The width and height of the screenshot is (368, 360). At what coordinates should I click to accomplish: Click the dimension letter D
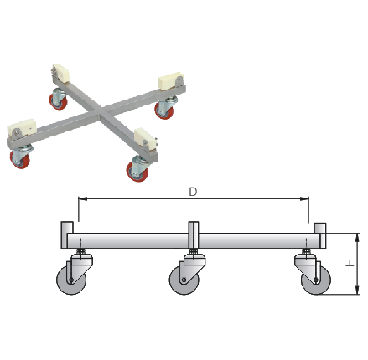click(193, 192)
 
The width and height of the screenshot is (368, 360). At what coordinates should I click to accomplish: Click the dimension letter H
click(350, 263)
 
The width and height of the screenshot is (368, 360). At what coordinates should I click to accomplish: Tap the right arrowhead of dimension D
click(304, 198)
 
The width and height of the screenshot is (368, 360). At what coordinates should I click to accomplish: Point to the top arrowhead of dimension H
click(357, 238)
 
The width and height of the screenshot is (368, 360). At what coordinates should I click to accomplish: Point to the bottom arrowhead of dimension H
click(357, 290)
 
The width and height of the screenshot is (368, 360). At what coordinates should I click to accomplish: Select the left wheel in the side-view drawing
click(71, 280)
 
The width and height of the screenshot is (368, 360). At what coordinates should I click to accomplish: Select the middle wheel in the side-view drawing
click(184, 280)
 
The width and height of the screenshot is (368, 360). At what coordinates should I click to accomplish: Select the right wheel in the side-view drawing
click(316, 280)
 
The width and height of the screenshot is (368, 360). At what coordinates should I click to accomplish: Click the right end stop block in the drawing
click(320, 235)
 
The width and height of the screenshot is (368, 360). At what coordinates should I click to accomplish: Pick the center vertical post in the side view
click(194, 235)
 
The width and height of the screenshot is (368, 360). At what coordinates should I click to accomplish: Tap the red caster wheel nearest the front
click(137, 172)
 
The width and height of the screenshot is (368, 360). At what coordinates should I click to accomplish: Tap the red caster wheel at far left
click(19, 159)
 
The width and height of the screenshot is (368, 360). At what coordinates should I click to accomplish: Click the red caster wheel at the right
click(163, 111)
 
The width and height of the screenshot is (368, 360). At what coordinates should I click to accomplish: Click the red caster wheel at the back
click(59, 100)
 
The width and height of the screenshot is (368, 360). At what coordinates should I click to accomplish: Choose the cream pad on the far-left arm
click(21, 129)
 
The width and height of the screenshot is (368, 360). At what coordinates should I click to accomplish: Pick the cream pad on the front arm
click(145, 139)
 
